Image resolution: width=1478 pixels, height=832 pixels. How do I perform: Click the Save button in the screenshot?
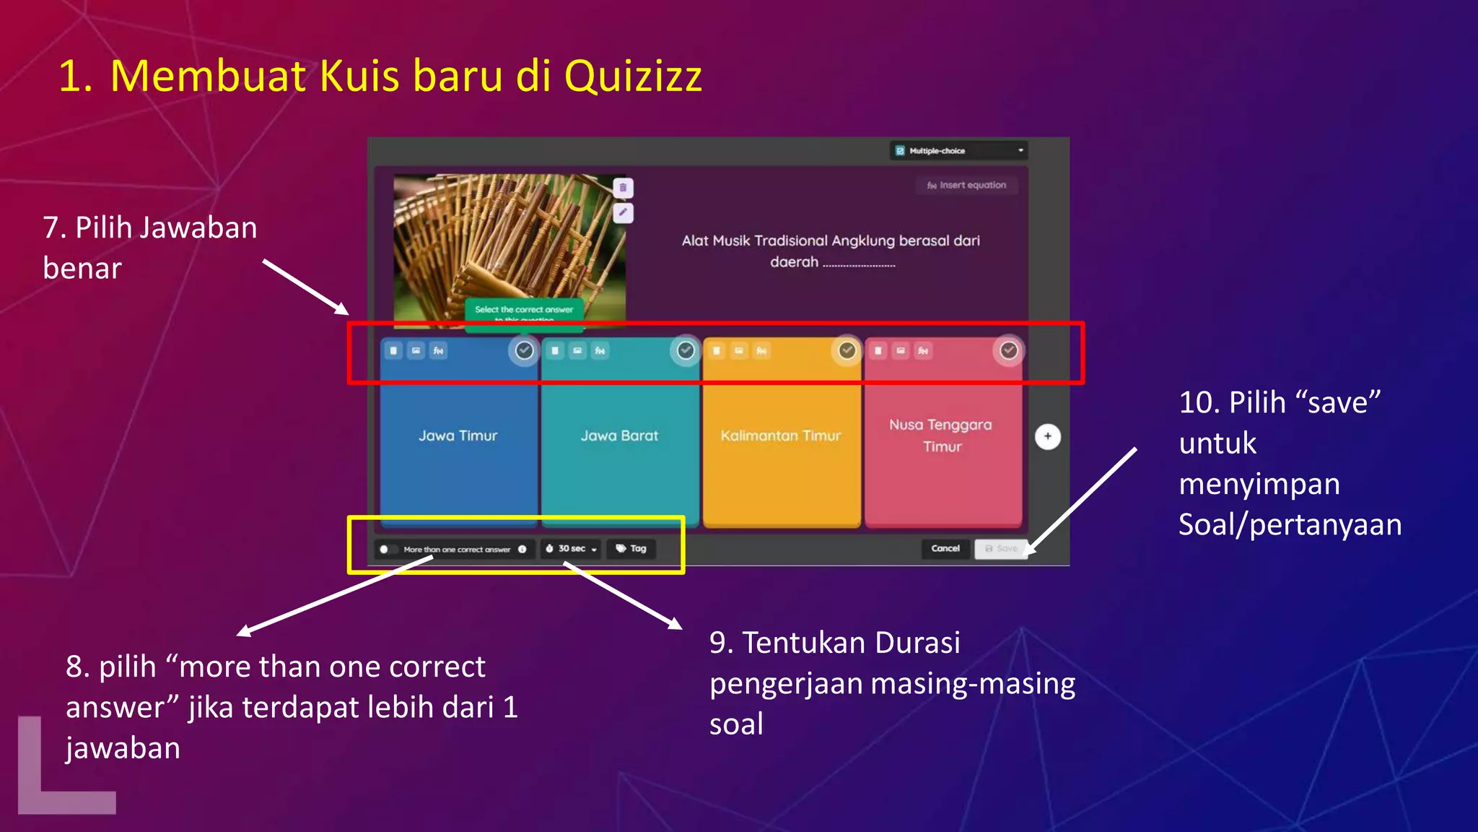pyautogui.click(x=1001, y=549)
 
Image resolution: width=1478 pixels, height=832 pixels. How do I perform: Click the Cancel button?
pyautogui.click(x=945, y=549)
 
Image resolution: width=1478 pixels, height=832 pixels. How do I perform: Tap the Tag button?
pyautogui.click(x=631, y=549)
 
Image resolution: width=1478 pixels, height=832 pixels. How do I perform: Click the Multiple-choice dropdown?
pyautogui.click(x=958, y=151)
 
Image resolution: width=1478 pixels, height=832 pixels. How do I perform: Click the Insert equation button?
pyautogui.click(x=967, y=186)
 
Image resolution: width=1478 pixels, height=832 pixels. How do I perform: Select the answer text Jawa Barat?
pyautogui.click(x=619, y=436)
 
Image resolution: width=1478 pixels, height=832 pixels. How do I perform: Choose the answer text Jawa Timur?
pyautogui.click(x=458, y=436)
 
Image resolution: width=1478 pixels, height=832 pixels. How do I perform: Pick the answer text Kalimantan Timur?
pyautogui.click(x=781, y=436)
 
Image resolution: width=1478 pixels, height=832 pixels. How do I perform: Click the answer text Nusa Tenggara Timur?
pyautogui.click(x=941, y=435)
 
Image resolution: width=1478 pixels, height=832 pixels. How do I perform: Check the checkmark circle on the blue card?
pyautogui.click(x=525, y=351)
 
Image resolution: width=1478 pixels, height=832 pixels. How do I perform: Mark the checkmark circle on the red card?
pyautogui.click(x=1009, y=351)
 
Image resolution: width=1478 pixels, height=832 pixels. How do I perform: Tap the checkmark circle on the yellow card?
pyautogui.click(x=847, y=351)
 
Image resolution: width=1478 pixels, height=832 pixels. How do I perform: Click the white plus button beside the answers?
pyautogui.click(x=1048, y=436)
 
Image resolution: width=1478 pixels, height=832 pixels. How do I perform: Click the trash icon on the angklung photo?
pyautogui.click(x=623, y=188)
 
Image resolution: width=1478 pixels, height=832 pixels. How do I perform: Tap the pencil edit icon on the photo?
pyautogui.click(x=623, y=213)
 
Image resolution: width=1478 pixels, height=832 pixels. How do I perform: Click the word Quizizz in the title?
pyautogui.click(x=633, y=77)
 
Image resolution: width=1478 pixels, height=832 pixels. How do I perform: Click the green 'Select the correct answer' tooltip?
pyautogui.click(x=524, y=311)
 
